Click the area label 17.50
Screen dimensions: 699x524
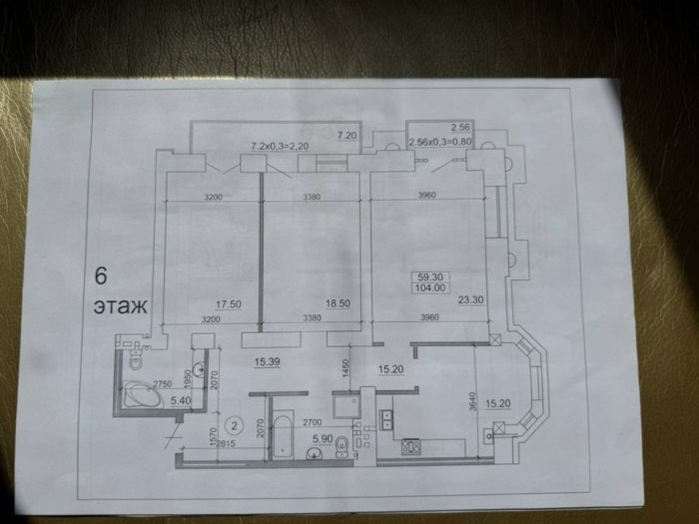[228, 304]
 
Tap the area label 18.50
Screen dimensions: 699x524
[338, 303]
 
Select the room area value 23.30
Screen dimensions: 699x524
[471, 300]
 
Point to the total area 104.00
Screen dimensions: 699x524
[431, 288]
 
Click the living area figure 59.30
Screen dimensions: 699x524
[431, 277]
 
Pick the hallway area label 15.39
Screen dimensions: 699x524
[267, 362]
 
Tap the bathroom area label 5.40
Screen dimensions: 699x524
[180, 401]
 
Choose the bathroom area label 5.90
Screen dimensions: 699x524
[322, 439]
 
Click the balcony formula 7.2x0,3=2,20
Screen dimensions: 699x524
[280, 146]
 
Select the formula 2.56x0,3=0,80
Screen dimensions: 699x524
[440, 142]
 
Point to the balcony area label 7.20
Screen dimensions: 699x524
[347, 136]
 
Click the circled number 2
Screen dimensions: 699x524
[234, 426]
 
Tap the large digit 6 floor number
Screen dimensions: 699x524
[101, 277]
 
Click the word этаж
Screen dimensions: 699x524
[121, 307]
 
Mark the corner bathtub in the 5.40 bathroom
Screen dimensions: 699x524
[143, 395]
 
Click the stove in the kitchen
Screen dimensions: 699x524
[411, 446]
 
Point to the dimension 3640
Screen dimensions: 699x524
[472, 401]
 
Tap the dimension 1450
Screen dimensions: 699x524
[346, 368]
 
